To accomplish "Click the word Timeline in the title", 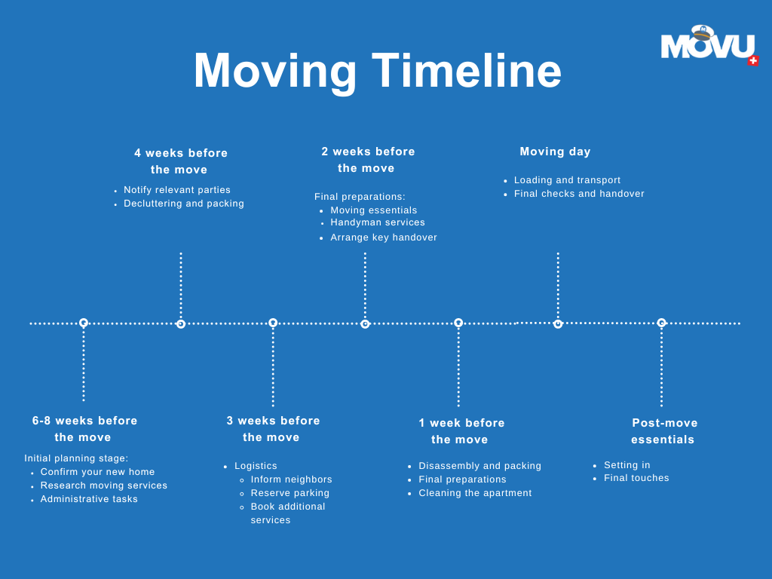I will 467,71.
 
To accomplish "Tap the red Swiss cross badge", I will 753,60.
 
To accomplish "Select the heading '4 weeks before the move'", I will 181,161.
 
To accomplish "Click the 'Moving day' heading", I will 555,152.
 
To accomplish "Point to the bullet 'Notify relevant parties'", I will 177,190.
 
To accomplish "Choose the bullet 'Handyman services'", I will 378,222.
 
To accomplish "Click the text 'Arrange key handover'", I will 384,237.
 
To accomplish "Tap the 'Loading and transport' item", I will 567,180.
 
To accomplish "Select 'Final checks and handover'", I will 579,194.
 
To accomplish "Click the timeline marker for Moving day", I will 558,324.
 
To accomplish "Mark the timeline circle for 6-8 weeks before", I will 84,323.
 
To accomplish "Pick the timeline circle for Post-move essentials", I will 661,323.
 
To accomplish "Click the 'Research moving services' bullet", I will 104,486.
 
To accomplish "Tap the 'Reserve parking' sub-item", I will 290,493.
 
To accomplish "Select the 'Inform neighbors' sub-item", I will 291,479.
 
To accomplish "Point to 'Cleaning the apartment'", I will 475,493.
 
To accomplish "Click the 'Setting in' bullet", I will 626,465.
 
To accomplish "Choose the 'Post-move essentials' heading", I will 664,431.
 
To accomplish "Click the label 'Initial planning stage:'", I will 76,458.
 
